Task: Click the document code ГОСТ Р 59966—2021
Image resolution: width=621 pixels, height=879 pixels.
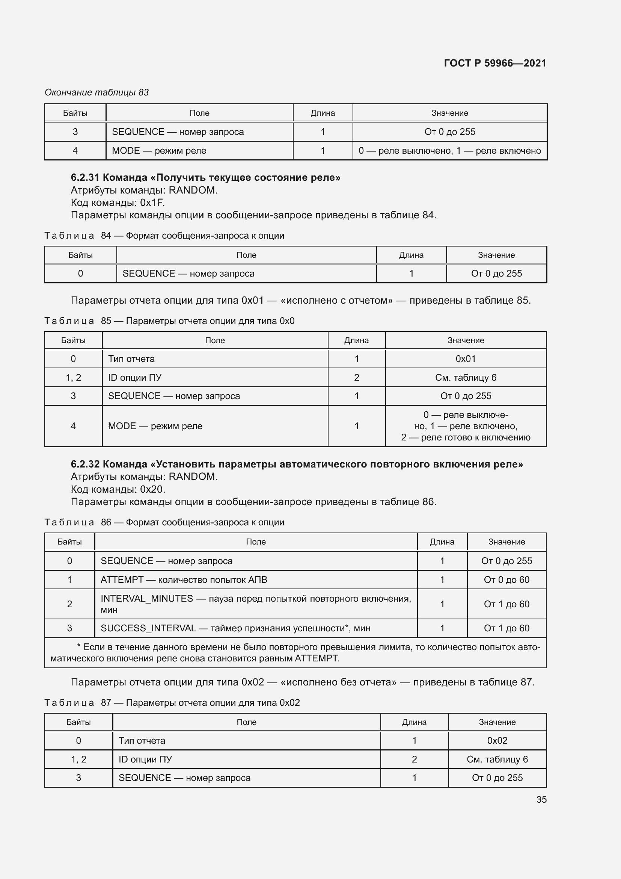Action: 495,63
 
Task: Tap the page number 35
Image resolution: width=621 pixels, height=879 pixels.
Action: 541,799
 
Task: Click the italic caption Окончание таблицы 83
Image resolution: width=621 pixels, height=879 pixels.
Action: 96,92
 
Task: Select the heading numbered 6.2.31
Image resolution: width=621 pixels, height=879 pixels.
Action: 205,177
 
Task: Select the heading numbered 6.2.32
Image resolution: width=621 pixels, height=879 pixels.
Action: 297,464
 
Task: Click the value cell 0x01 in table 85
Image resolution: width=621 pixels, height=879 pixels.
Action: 465,359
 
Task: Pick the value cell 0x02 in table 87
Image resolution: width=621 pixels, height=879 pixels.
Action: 497,740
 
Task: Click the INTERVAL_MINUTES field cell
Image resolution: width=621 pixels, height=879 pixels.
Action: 255,604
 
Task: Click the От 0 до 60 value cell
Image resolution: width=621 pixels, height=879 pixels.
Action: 506,579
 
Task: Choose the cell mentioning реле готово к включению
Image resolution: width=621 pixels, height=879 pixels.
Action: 465,426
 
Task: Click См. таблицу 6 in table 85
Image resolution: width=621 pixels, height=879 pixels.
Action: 465,377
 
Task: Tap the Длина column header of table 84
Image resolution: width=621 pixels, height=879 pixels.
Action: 411,255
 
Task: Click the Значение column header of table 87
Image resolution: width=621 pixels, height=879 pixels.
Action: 497,722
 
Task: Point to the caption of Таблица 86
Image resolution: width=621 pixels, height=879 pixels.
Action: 164,522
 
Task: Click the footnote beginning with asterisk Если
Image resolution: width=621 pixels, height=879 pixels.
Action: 295,653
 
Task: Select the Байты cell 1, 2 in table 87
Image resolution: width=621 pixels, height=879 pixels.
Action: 78,759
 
